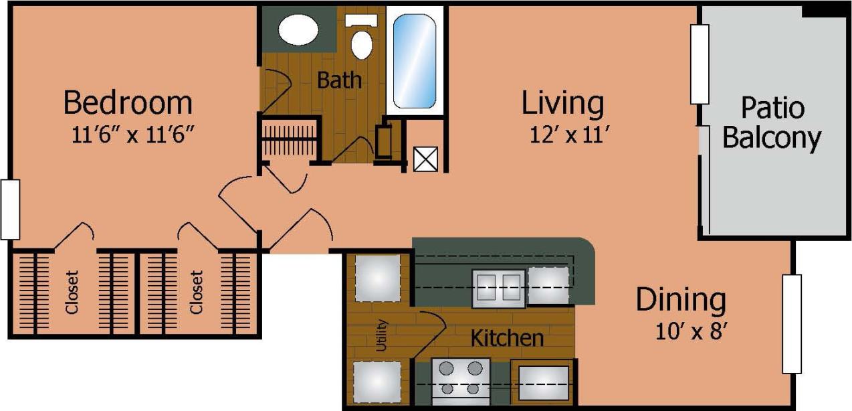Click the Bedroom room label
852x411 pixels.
point(128,103)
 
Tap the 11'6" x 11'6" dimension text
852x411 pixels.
point(132,135)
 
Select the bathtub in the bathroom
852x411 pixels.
point(415,61)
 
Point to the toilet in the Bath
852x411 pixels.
point(362,41)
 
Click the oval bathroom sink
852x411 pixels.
point(298,30)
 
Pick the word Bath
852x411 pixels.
point(339,81)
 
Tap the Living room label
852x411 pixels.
point(562,104)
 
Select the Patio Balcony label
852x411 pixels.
point(772,122)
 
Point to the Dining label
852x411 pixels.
point(681,300)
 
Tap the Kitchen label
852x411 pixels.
point(507,338)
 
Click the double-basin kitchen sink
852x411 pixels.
point(498,287)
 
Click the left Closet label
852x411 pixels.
point(72,292)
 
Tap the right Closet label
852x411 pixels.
point(195,292)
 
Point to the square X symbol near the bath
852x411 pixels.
point(425,159)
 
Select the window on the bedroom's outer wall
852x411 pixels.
point(9,209)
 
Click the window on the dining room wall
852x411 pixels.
point(792,324)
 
